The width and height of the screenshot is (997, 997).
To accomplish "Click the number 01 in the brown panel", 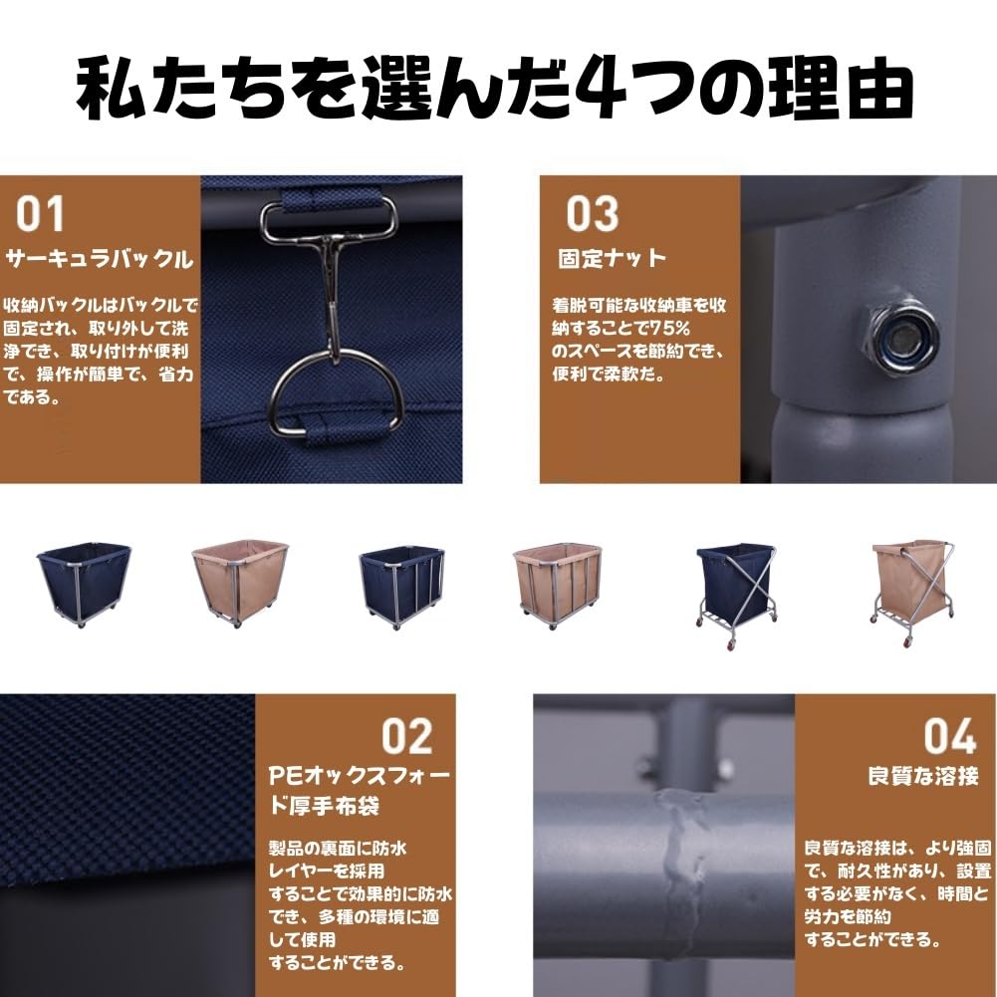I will pyautogui.click(x=41, y=214).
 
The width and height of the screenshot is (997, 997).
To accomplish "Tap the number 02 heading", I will pyautogui.click(x=408, y=735).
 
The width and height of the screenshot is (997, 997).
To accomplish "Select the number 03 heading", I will pyautogui.click(x=593, y=214).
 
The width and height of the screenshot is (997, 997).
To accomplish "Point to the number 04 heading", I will pyautogui.click(x=949, y=735).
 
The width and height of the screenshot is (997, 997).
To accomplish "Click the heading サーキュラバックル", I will pyautogui.click(x=100, y=261).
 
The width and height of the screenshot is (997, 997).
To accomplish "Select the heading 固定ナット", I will pyautogui.click(x=612, y=259).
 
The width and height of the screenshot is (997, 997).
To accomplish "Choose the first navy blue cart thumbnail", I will pyautogui.click(x=84, y=584).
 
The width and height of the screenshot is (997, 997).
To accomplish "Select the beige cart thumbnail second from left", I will pyautogui.click(x=239, y=583).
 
